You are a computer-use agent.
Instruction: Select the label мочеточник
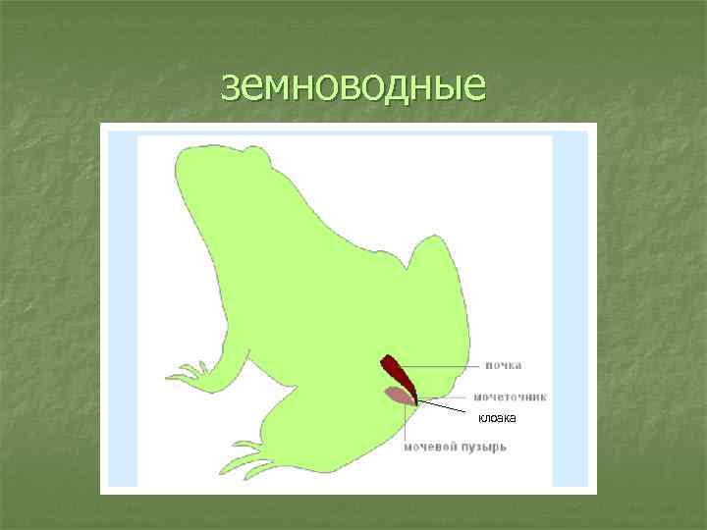tap(510, 397)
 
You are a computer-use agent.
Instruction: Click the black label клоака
tap(497, 419)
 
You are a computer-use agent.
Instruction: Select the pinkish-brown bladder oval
tap(397, 395)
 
